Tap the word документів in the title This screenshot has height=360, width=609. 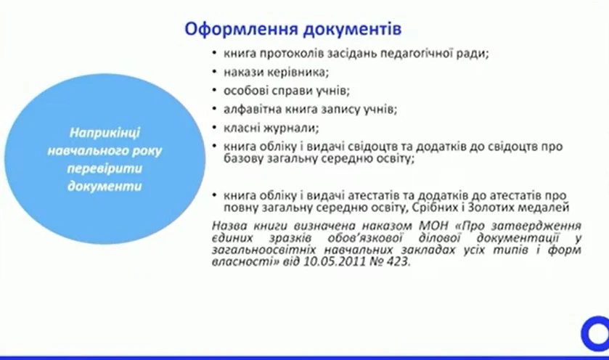tap(347, 30)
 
